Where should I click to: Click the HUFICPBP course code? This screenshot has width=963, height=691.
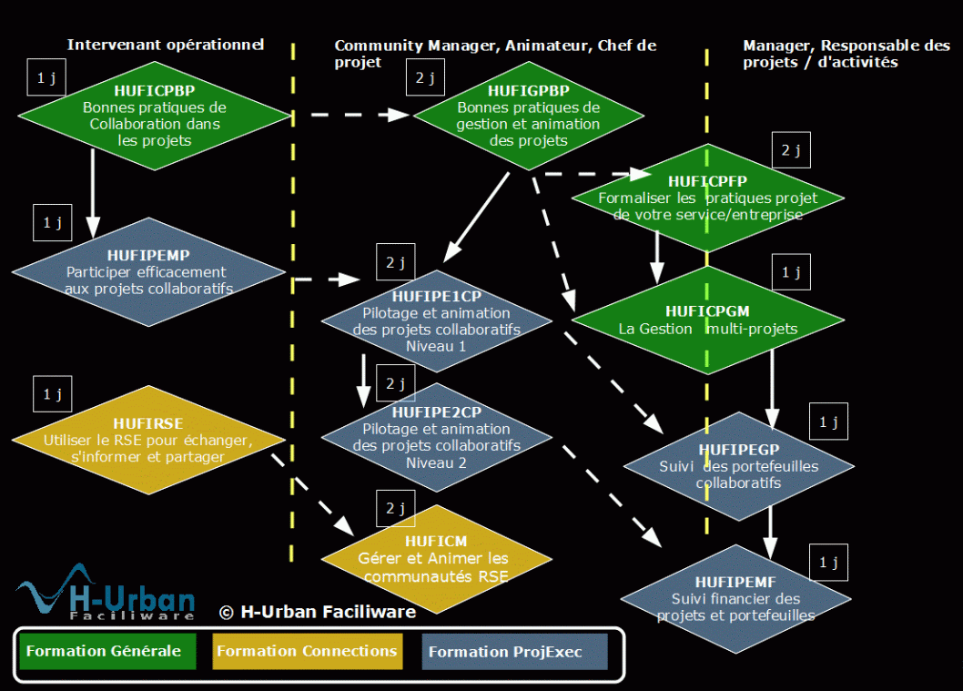[155, 90]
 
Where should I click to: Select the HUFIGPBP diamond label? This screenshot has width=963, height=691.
[528, 90]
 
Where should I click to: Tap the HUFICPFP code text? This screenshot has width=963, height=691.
[707, 181]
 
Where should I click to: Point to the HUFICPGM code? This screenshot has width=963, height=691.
[707, 311]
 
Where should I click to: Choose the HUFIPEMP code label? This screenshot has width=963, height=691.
[148, 256]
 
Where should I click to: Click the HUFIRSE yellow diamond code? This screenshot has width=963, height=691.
[147, 423]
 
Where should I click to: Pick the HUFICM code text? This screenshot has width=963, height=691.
[436, 542]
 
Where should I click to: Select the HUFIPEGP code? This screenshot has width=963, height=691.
[738, 450]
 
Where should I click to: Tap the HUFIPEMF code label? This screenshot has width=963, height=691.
[735, 582]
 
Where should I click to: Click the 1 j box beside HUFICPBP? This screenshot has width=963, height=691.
[46, 79]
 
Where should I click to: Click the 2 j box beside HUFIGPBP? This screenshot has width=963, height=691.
[425, 77]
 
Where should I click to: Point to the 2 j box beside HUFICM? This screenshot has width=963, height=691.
[395, 508]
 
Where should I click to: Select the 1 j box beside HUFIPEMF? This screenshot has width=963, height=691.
[828, 563]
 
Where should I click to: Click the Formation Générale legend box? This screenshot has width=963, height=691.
[107, 652]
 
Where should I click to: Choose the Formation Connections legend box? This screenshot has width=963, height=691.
[307, 652]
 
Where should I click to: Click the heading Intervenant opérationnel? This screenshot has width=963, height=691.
[166, 44]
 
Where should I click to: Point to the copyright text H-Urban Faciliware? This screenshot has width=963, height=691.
[318, 612]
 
